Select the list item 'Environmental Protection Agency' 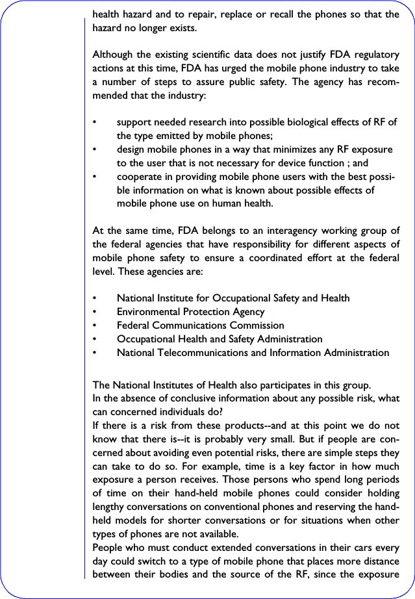[x=190, y=312]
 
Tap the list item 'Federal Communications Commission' [x=200, y=325]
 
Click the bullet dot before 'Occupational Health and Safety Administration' [x=95, y=339]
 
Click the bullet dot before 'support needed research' [x=95, y=121]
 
